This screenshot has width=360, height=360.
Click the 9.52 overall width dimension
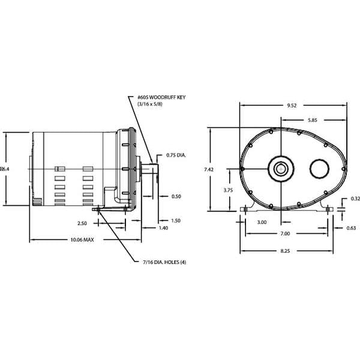click(292, 106)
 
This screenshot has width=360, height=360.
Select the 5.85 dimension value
click(313, 121)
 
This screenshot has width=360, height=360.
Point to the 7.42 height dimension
click(208, 170)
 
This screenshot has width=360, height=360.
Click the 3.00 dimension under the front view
click(261, 222)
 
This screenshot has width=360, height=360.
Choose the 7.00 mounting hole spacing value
click(284, 233)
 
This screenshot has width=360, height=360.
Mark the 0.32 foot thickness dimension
click(355, 199)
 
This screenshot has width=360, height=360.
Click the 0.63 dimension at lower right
click(351, 228)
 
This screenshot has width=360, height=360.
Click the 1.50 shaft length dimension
click(176, 220)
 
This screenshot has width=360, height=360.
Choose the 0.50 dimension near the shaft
click(176, 196)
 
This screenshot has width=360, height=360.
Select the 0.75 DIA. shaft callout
click(176, 155)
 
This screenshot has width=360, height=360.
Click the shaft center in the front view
click(280, 169)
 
